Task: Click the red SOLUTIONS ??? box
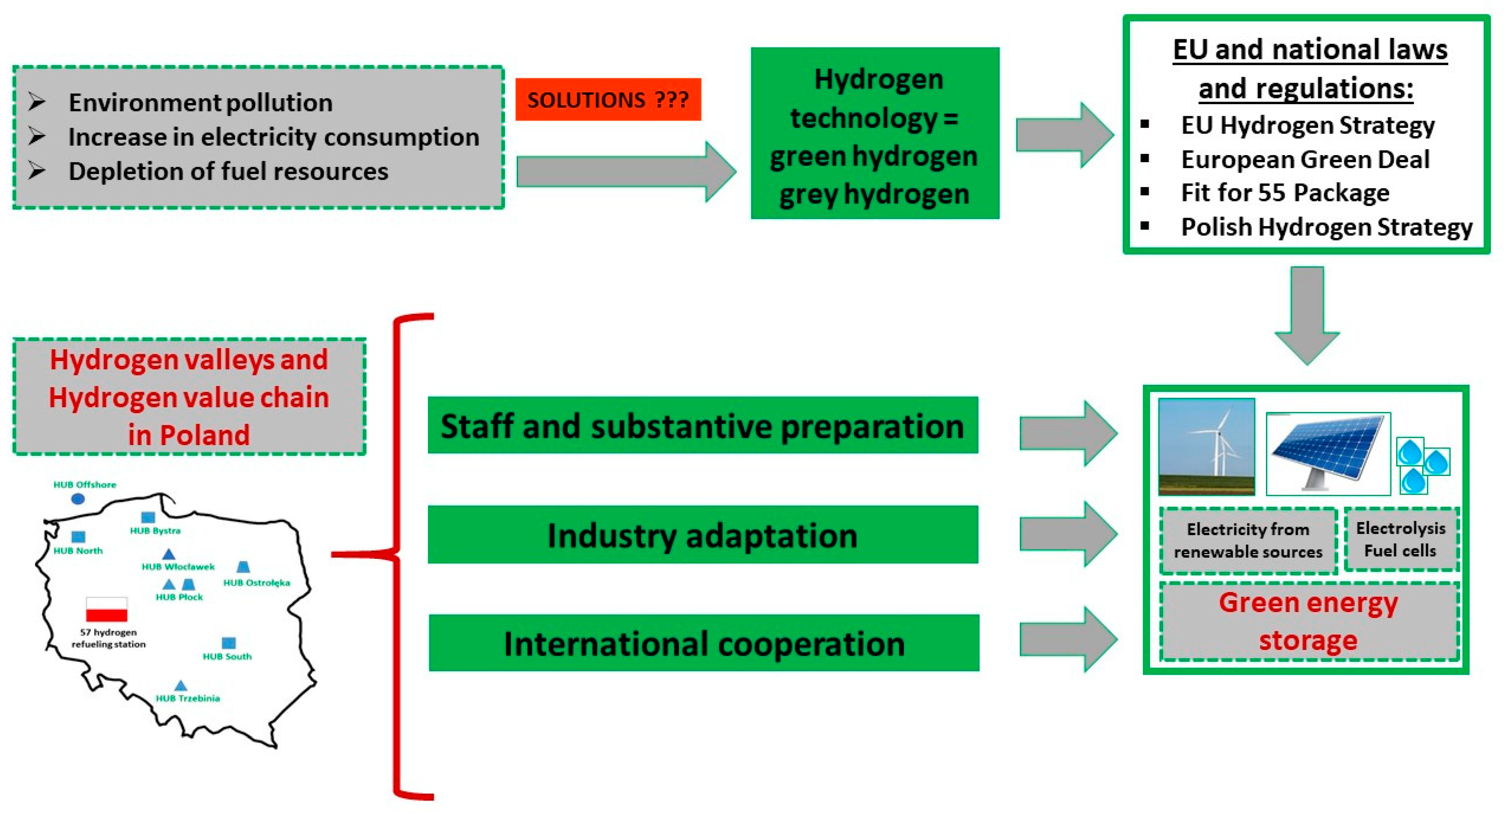click(x=608, y=99)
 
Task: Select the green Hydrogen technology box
click(x=874, y=134)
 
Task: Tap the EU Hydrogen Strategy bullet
click(x=1307, y=125)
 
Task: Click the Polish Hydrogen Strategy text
click(x=1326, y=227)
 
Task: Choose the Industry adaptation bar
click(x=702, y=535)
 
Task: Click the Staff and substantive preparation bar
click(x=702, y=426)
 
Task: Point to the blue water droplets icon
click(x=1422, y=465)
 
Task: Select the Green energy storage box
click(x=1308, y=622)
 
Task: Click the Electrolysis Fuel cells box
click(x=1400, y=540)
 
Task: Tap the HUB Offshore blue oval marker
click(x=78, y=499)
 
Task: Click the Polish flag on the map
click(x=107, y=609)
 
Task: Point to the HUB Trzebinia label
click(x=187, y=698)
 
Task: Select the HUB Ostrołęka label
click(x=257, y=583)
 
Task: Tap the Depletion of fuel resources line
click(x=228, y=171)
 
